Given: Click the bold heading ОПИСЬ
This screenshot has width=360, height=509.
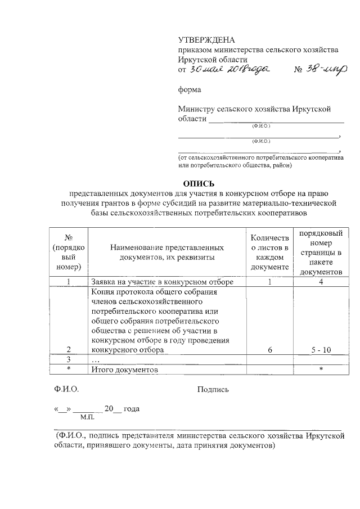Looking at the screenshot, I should (x=199, y=182).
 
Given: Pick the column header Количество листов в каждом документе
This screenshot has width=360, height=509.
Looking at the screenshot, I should (x=270, y=252).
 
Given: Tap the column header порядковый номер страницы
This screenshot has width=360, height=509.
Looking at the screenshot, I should (x=320, y=252).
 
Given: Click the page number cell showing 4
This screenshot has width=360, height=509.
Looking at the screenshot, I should (x=321, y=282).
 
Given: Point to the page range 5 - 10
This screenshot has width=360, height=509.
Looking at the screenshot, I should (x=321, y=349).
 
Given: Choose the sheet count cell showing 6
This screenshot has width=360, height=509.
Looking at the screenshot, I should (x=270, y=349).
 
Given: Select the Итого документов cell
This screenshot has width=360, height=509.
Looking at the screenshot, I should (x=124, y=370).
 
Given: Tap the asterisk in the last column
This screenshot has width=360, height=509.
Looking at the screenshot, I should (x=321, y=370).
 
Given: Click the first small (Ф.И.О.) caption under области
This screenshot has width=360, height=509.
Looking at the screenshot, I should (x=261, y=126).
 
